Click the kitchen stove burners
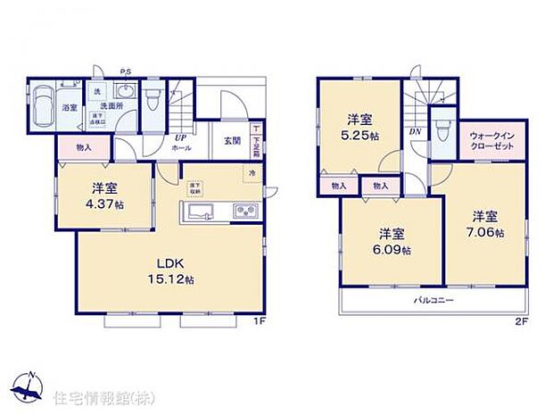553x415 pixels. pos(244,212)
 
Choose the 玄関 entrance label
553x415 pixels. pos(232,140)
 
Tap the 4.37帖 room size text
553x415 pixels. pos(103,204)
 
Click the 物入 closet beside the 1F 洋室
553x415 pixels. pos(83,146)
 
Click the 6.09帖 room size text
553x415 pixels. pos(393,251)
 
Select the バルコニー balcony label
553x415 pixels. pos(433,301)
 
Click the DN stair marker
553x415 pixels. pos(417,130)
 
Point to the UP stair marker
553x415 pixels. pos(180,137)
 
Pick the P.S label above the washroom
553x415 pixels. pos(126,71)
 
